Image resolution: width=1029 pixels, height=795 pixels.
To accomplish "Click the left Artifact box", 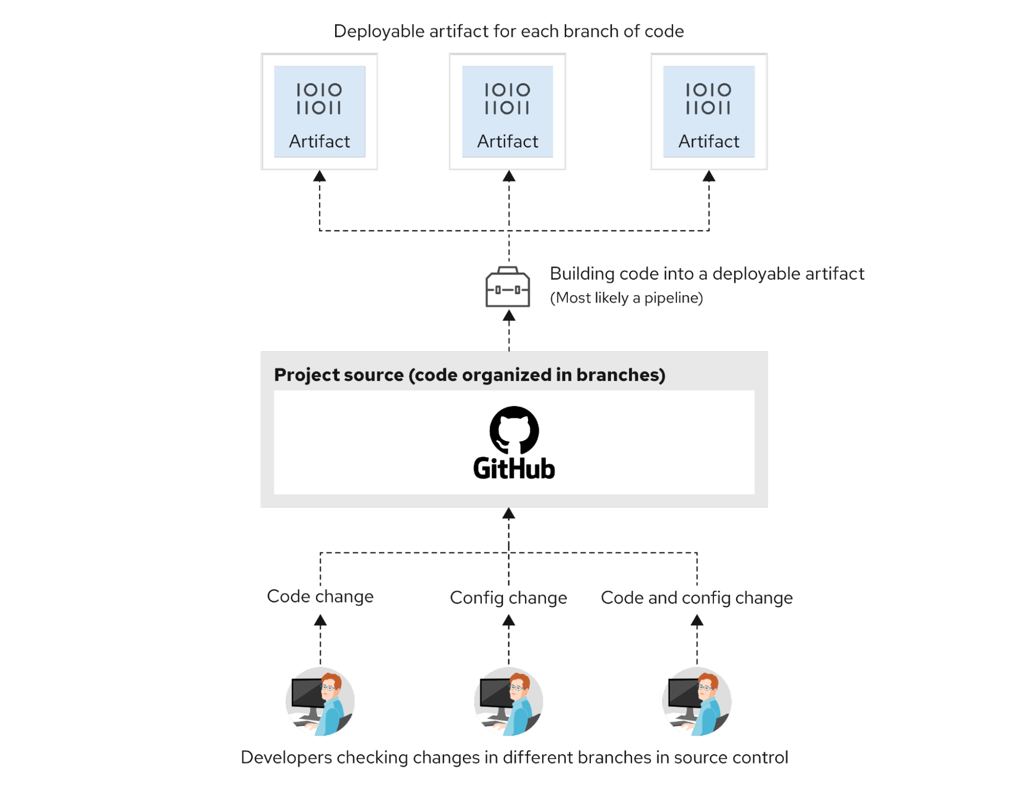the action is click(319, 112).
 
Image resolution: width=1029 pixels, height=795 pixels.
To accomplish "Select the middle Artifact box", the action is click(508, 112).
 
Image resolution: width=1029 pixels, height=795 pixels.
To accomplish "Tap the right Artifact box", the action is click(709, 112).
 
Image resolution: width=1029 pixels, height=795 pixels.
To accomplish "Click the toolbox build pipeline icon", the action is click(508, 287).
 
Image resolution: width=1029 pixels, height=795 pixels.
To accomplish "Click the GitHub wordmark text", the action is click(514, 468).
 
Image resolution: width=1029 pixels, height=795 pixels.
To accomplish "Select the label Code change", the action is click(320, 597).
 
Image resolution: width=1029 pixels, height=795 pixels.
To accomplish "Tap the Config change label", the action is click(509, 598).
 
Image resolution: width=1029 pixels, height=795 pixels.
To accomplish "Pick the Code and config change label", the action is click(697, 598).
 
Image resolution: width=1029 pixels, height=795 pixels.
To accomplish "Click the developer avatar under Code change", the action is click(320, 701).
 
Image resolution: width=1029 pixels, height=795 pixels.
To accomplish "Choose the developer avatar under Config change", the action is click(509, 701).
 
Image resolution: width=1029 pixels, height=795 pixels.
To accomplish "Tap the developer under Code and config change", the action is click(697, 701).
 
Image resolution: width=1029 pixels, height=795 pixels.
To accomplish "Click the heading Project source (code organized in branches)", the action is click(469, 375).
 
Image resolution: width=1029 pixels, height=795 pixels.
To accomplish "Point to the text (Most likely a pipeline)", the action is click(626, 298).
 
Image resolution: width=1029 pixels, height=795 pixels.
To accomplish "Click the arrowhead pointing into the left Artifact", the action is click(320, 176).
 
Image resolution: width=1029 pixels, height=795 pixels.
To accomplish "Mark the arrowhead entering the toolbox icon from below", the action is click(509, 315).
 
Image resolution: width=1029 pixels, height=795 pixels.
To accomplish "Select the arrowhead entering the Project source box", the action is click(509, 513).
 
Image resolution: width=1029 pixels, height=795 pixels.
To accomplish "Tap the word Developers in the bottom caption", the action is click(287, 757).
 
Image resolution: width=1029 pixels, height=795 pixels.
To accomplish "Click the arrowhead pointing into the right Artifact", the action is click(709, 176).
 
